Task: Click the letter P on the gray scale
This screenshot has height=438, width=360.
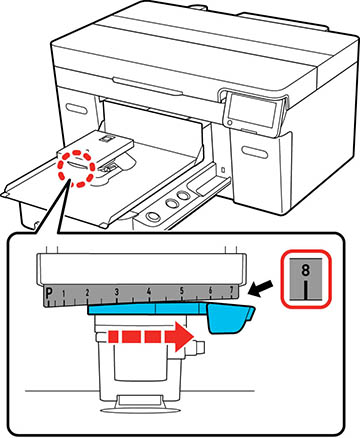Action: click(49, 293)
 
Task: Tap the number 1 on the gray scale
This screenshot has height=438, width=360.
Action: click(64, 293)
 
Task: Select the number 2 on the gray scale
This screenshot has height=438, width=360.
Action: click(87, 293)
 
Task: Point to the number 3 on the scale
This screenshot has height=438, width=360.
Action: click(117, 292)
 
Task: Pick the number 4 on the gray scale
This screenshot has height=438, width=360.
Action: click(149, 291)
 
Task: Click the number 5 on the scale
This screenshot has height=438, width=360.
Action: click(182, 291)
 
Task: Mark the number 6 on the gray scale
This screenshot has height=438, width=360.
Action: click(210, 290)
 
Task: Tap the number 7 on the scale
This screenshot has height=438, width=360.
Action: click(232, 291)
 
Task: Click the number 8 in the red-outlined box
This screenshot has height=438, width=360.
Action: click(306, 270)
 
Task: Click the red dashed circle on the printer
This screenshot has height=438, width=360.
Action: click(76, 169)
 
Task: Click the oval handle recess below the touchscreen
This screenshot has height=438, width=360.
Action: click(255, 152)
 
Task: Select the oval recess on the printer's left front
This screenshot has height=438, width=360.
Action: click(76, 109)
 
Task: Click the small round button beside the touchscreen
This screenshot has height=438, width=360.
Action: click(229, 123)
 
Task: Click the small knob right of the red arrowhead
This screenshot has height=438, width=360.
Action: click(199, 347)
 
